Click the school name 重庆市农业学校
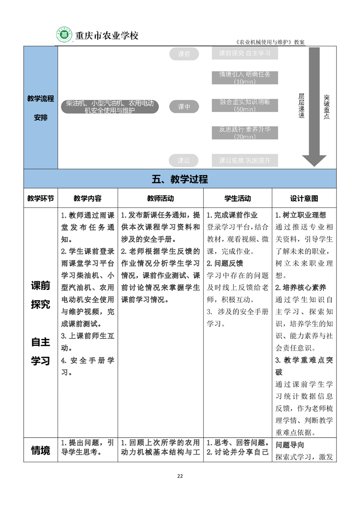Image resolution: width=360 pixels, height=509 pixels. click(x=106, y=35)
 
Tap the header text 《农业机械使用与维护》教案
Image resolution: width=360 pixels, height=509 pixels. click(x=270, y=42)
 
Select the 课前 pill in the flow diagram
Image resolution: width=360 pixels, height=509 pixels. click(x=184, y=54)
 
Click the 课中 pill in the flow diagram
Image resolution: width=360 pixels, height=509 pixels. click(x=184, y=107)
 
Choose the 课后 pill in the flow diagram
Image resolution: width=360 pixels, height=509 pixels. click(x=184, y=160)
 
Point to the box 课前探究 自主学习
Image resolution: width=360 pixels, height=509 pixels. click(x=245, y=54)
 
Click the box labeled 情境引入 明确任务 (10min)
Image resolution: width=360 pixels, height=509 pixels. click(x=245, y=78)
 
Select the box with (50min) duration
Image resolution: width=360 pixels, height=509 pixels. click(x=245, y=105)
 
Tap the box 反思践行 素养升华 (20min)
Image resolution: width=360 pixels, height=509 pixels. click(x=245, y=132)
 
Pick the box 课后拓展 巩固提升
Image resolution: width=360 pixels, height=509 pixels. click(x=245, y=160)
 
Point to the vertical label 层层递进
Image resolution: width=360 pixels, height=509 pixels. click(x=301, y=106)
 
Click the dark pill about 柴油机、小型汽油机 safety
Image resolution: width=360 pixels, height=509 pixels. click(x=110, y=107)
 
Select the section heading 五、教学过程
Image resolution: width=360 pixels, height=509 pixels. click(x=180, y=179)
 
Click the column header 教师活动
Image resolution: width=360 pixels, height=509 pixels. click(x=160, y=198)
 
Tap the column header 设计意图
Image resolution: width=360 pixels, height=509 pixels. click(x=304, y=198)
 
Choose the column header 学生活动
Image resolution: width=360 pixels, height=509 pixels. click(x=237, y=198)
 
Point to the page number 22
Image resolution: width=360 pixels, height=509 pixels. click(x=180, y=476)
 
